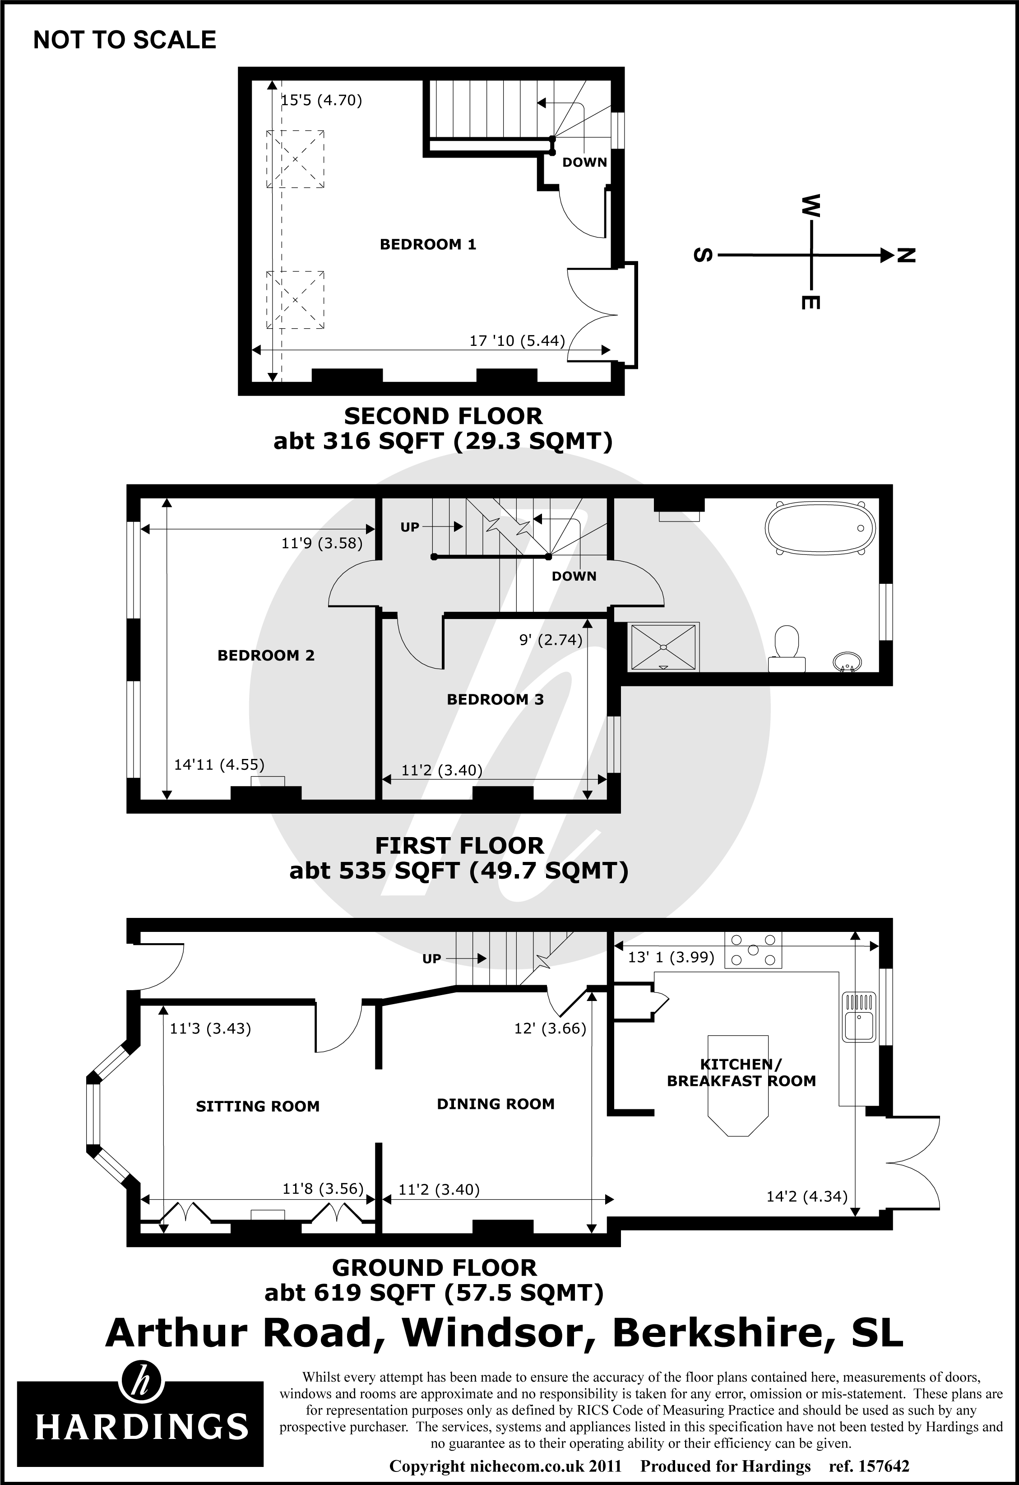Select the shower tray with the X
[x=663, y=647]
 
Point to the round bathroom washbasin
[x=848, y=662]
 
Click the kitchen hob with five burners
[x=753, y=950]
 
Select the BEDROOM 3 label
[x=495, y=699]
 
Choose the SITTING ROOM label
[x=258, y=1106]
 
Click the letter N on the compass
[x=906, y=256]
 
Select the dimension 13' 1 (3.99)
[x=671, y=957]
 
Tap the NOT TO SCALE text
[x=125, y=40]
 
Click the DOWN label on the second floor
[x=584, y=162]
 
